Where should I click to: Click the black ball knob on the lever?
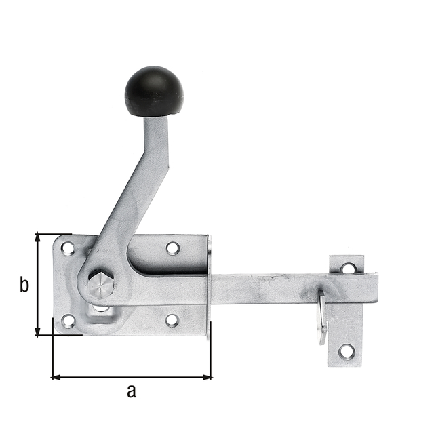click(x=154, y=91)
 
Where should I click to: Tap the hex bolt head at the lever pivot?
click(x=100, y=285)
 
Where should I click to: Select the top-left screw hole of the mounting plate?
click(x=68, y=249)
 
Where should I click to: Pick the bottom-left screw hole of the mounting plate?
click(x=68, y=321)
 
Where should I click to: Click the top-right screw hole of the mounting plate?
click(x=173, y=248)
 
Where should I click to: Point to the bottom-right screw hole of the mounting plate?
click(x=172, y=320)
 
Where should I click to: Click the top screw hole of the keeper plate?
click(x=347, y=268)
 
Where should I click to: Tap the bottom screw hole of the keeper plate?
click(x=347, y=351)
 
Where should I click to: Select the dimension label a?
click(x=132, y=391)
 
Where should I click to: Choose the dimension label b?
click(x=24, y=285)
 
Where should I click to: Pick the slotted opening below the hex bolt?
click(x=101, y=309)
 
